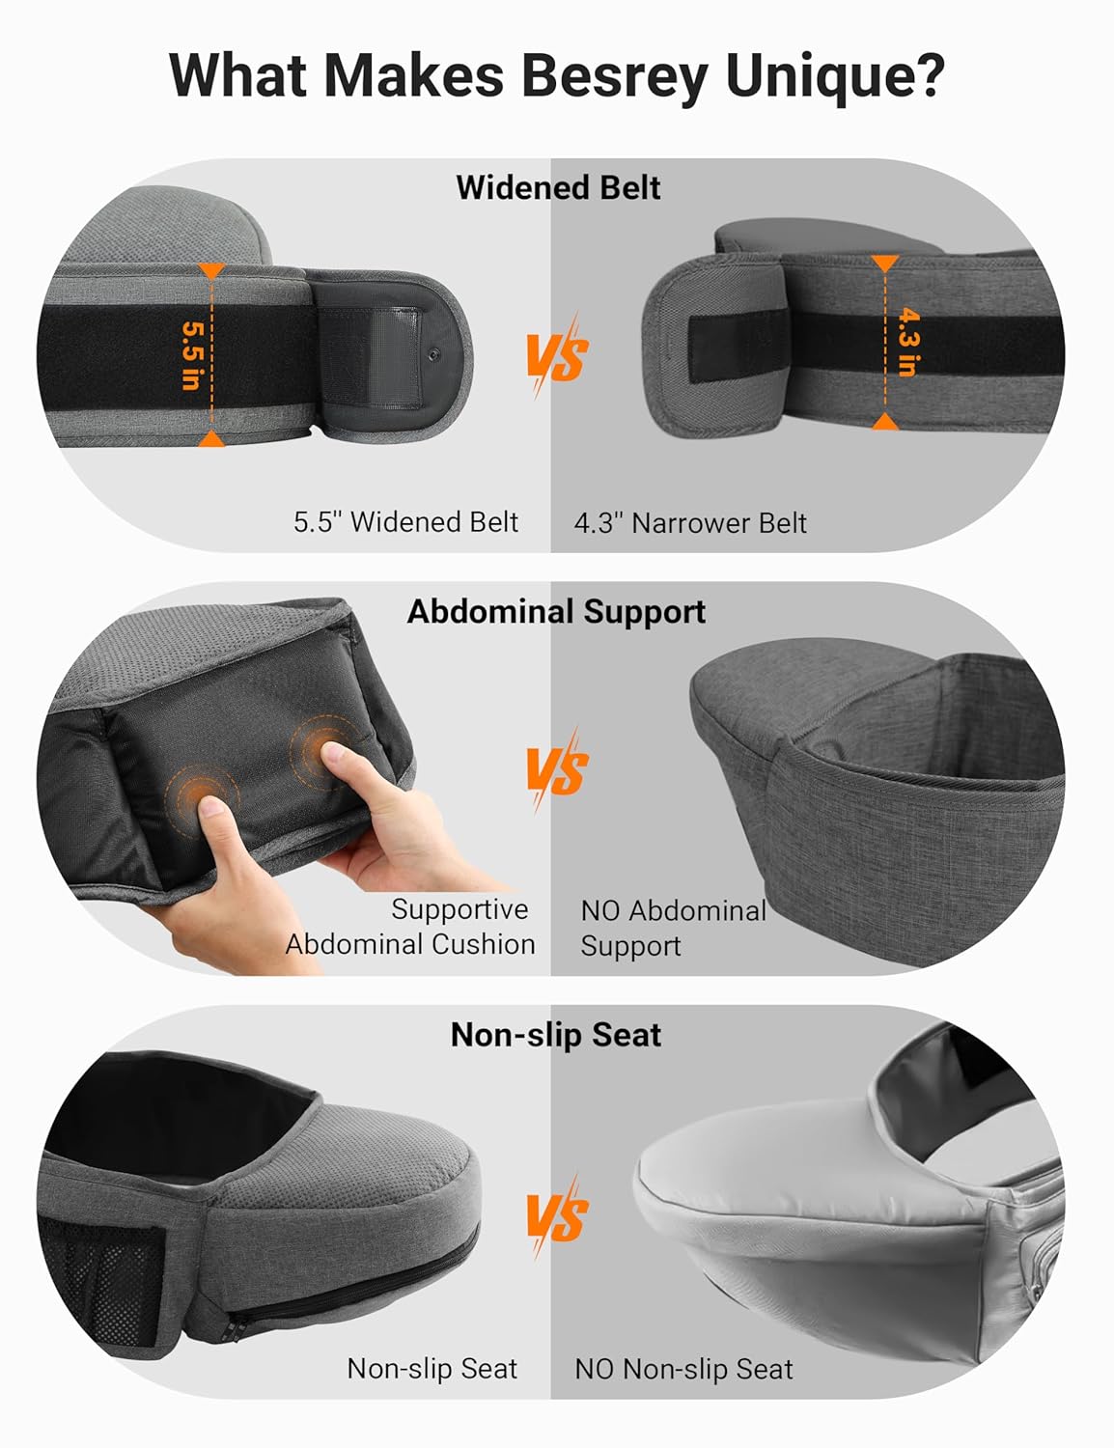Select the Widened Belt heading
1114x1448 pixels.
(557, 187)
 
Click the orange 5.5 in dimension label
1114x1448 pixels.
(192, 355)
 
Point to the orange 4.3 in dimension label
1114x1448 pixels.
(906, 341)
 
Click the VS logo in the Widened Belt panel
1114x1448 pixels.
(557, 356)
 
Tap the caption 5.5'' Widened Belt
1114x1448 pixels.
(405, 522)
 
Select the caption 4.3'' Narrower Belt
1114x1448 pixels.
(689, 523)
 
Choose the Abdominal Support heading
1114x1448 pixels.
(556, 611)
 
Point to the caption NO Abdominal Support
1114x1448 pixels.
(672, 928)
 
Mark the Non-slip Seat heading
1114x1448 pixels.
(556, 1035)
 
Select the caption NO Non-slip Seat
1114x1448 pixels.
(683, 1369)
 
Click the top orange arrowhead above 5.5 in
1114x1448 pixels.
(211, 271)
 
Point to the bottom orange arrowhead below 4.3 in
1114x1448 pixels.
(885, 422)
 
